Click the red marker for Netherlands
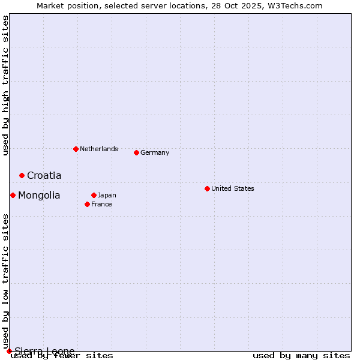coord(76,149)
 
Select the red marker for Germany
coord(136,152)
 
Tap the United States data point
coord(207,188)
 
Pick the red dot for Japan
coord(94,195)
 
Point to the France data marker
coord(87,204)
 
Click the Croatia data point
coord(22,175)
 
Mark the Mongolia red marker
coord(13,195)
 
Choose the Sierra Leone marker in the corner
coord(9,351)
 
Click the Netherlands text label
coord(99,149)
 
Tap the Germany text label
coord(155,152)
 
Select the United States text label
coord(233,188)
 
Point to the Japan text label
coord(107,195)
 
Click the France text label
coord(101,204)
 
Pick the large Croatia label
coord(44,175)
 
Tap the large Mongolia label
coord(39,195)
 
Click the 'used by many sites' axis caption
coord(301,355)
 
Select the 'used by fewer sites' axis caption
coord(62,355)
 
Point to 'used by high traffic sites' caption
coord(5,85)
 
